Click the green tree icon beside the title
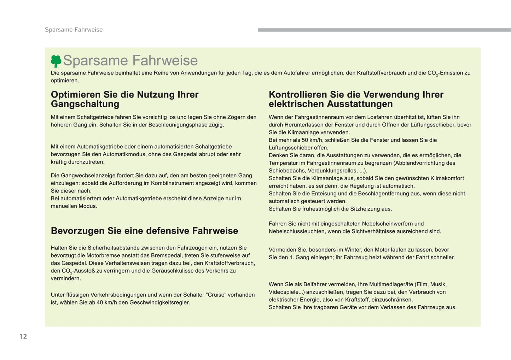tap(56, 61)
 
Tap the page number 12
tap(23, 336)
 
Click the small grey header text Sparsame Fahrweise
tap(74, 30)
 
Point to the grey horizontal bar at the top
tap(384, 30)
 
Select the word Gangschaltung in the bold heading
tap(85, 104)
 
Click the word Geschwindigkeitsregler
tap(159, 302)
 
